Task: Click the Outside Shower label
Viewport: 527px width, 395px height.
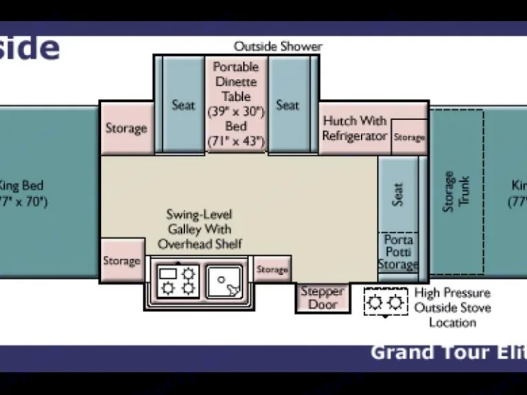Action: (x=278, y=47)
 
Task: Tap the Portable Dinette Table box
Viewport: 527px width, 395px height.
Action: (x=236, y=104)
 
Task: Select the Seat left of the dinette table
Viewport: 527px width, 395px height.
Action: (x=183, y=105)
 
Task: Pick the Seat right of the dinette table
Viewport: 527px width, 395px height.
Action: (x=288, y=105)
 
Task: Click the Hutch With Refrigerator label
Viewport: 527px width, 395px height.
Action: (x=355, y=128)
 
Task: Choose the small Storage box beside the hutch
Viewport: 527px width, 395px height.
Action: (x=410, y=137)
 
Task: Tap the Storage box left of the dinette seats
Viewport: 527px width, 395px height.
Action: (x=126, y=128)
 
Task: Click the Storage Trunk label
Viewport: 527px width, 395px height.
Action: (x=456, y=191)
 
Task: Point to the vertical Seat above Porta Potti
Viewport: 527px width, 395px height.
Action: (x=398, y=193)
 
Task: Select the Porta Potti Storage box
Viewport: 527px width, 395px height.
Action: (x=398, y=252)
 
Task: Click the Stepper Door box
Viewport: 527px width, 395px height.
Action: (x=323, y=298)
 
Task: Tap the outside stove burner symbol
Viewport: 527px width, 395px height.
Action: (x=385, y=302)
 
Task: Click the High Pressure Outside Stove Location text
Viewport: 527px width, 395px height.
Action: (x=452, y=307)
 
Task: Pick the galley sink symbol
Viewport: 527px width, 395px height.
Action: (x=224, y=281)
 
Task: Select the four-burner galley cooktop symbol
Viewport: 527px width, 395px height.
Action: (x=178, y=281)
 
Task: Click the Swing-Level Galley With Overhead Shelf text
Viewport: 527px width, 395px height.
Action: (x=200, y=230)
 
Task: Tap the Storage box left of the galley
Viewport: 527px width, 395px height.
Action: (x=122, y=261)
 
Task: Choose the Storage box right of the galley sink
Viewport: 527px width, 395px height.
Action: (x=272, y=270)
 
